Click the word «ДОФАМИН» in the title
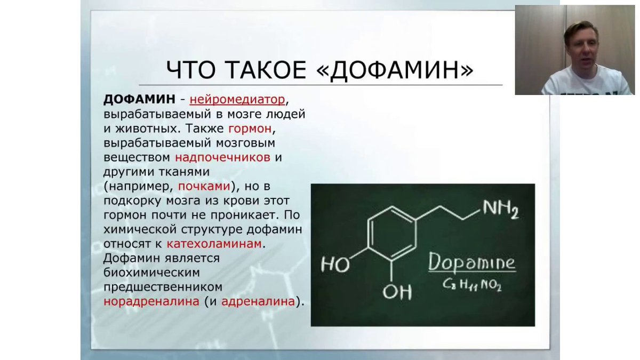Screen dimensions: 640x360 pos(395,70)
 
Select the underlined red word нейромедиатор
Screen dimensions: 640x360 pos(237,99)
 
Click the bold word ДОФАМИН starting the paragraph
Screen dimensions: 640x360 pos(139,99)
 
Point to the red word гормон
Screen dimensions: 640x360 pos(250,129)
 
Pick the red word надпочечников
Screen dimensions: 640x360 pos(222,157)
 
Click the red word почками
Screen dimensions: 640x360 pos(204,186)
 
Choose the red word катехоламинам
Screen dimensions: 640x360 pos(214,244)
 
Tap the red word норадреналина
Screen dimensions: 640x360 pos(151,301)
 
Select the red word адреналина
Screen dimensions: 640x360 pos(258,301)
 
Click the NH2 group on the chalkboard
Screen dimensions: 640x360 pos(501,210)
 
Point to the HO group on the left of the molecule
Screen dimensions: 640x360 pos(335,265)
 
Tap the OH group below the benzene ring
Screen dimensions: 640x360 pos(397,292)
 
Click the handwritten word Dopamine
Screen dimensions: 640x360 pos(472,262)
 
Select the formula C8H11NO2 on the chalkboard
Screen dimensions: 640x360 pos(472,285)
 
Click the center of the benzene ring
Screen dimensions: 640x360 pos(391,234)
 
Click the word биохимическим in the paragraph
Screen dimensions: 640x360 pos(151,273)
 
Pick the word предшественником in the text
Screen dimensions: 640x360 pos(163,287)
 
